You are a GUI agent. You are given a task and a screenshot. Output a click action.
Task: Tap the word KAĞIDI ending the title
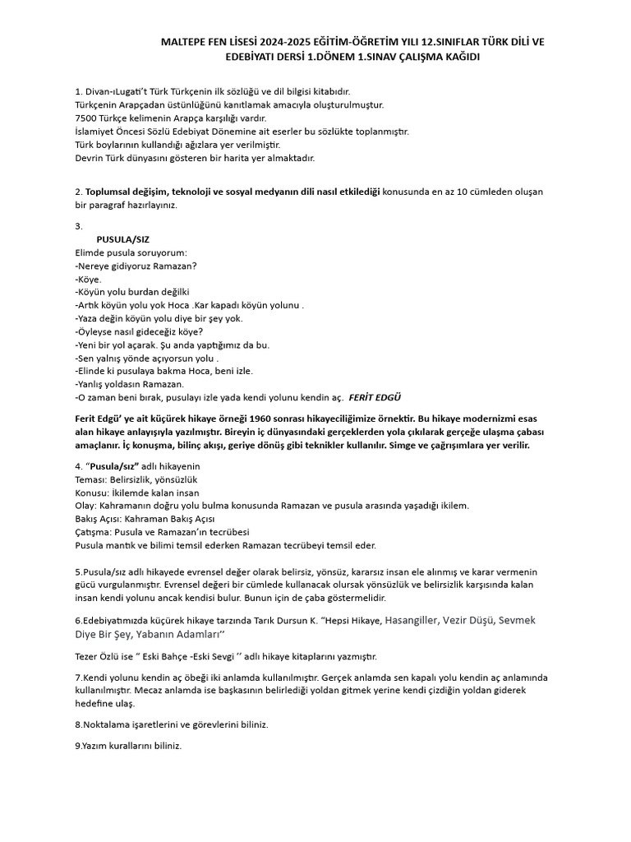point(457,57)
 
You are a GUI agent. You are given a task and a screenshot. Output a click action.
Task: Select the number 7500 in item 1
point(86,118)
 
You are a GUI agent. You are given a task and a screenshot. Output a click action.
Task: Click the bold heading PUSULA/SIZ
point(123,239)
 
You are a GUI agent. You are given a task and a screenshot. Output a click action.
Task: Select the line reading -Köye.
point(88,279)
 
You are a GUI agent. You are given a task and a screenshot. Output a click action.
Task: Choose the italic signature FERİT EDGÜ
point(375,397)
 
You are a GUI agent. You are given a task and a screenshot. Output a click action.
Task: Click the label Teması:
point(92,479)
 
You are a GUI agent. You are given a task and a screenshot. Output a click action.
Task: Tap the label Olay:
point(86,506)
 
